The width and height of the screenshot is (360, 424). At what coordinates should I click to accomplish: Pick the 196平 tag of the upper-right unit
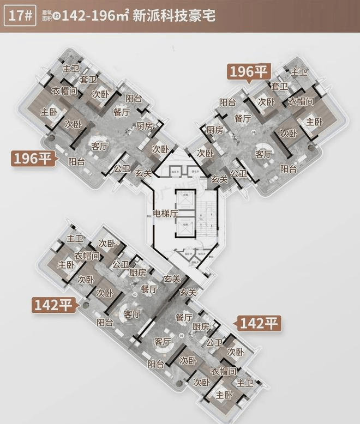point(249,71)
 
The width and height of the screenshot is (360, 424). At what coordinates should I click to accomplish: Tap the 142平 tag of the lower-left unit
point(53,305)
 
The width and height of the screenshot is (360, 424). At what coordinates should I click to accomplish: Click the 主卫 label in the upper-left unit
point(71,70)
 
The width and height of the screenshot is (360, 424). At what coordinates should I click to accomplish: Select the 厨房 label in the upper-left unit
point(145,126)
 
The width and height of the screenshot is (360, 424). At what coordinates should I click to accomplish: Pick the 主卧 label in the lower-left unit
point(65,264)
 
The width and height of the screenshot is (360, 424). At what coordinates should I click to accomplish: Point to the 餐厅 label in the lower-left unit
point(149,288)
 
